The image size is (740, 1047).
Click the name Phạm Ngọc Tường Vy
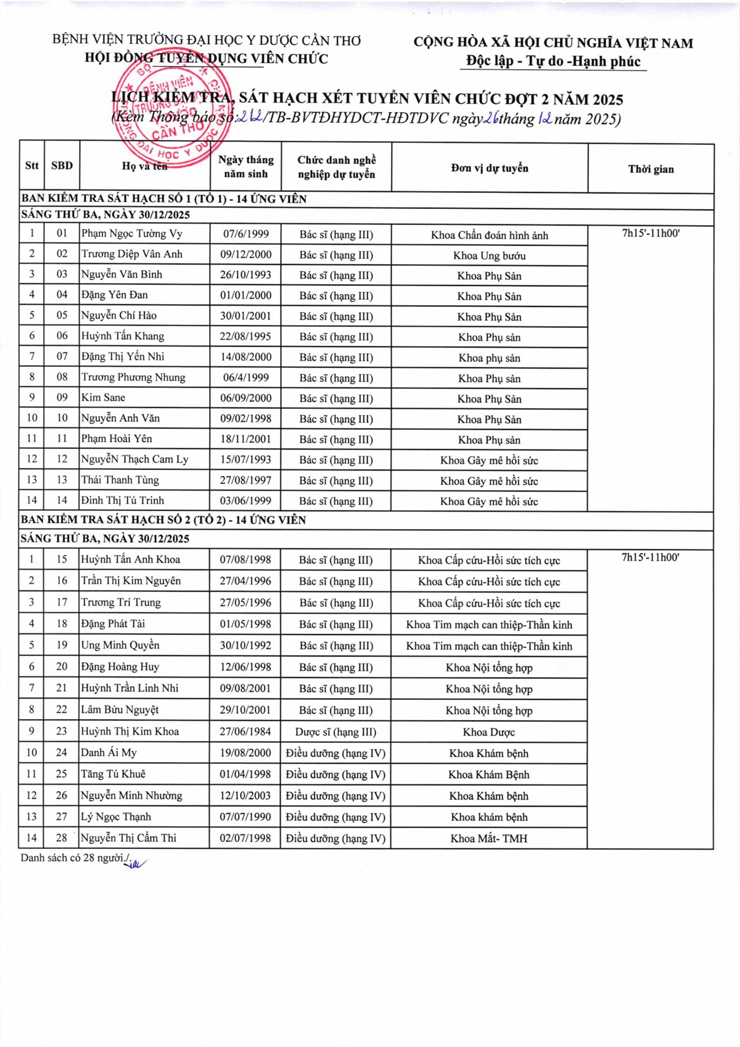(x=132, y=234)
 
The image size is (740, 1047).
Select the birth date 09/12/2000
(x=245, y=254)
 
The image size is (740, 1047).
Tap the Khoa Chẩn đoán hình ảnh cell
(x=489, y=235)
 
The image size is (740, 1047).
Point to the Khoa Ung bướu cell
(x=489, y=255)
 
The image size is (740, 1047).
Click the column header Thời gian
(x=651, y=169)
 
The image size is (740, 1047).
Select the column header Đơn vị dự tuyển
(x=489, y=168)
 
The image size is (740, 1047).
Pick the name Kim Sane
(x=104, y=398)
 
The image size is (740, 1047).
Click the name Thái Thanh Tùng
(x=120, y=480)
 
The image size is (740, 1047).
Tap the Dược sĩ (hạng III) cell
(x=335, y=732)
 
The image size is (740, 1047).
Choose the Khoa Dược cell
(x=489, y=732)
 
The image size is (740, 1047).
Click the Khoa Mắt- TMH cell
(x=489, y=839)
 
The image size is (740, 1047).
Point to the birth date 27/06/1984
(x=245, y=731)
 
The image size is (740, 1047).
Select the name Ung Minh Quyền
(x=120, y=646)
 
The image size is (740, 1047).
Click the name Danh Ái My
(x=109, y=753)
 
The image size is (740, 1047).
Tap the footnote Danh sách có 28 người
(x=74, y=858)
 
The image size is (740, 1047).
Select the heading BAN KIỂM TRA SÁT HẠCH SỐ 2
(x=163, y=520)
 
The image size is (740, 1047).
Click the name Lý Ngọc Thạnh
(x=116, y=817)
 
